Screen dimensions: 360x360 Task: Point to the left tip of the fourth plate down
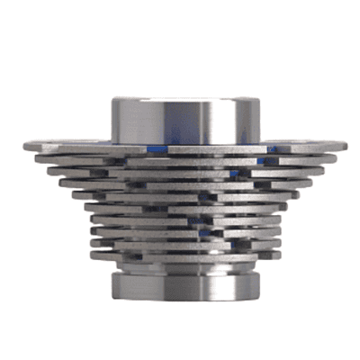59,181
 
